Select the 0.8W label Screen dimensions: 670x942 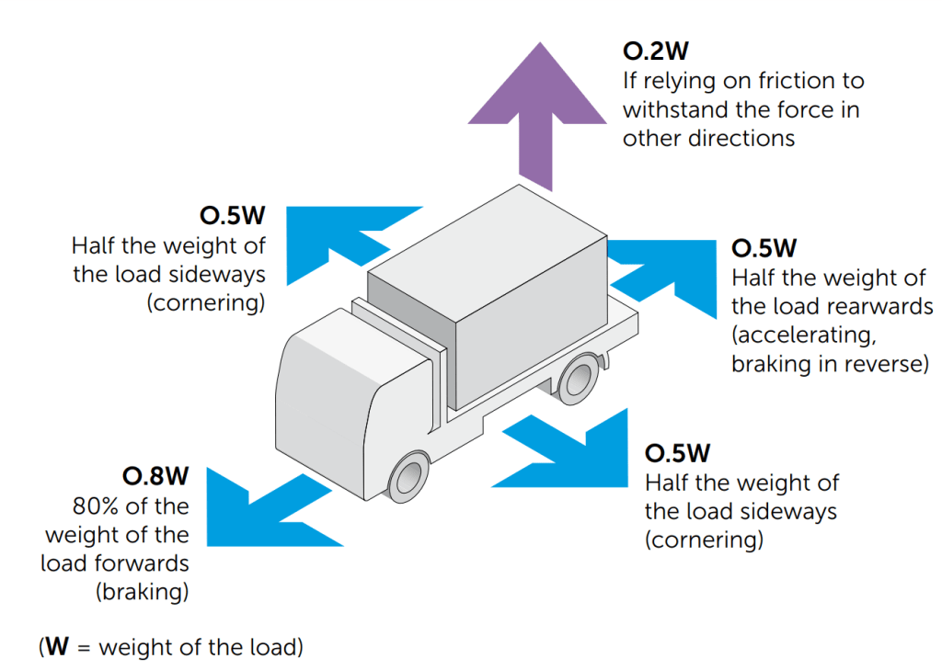[155, 476]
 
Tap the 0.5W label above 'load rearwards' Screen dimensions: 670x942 [764, 248]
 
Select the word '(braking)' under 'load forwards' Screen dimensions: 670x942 [143, 592]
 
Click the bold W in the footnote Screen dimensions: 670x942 [58, 646]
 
